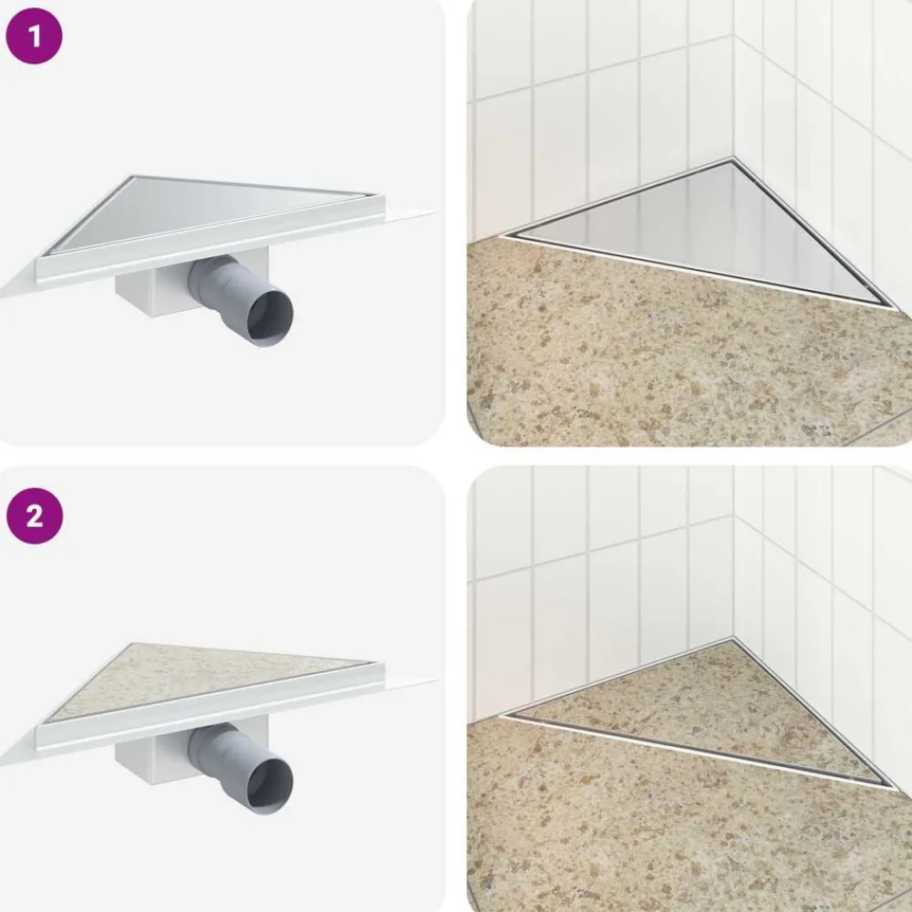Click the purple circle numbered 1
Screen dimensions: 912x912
tap(34, 36)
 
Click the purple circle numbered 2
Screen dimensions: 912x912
tap(35, 515)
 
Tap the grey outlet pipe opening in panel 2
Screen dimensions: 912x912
tap(271, 782)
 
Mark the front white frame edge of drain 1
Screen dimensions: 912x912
tap(211, 244)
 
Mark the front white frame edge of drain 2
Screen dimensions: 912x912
tap(211, 710)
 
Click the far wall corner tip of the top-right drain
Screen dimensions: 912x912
tap(732, 158)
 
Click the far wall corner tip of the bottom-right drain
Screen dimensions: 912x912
tap(732, 637)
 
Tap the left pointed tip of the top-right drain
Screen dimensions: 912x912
tap(503, 235)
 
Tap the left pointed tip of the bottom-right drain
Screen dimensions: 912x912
tap(503, 715)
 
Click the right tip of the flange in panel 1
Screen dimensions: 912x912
tap(435, 211)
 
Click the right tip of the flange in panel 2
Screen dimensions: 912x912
tap(435, 679)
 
